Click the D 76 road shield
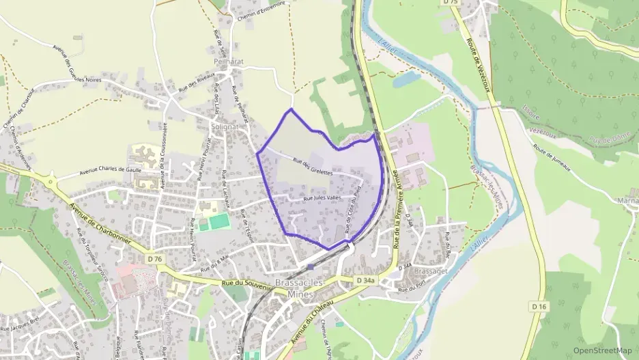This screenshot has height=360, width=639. pos(155,259)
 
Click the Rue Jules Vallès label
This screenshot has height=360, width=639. pos(322,198)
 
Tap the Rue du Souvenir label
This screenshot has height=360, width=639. pos(245,284)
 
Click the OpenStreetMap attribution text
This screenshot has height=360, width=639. pos(602,350)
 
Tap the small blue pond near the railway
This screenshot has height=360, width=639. pos(406,80)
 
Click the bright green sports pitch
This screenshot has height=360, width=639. pos(218,221)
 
